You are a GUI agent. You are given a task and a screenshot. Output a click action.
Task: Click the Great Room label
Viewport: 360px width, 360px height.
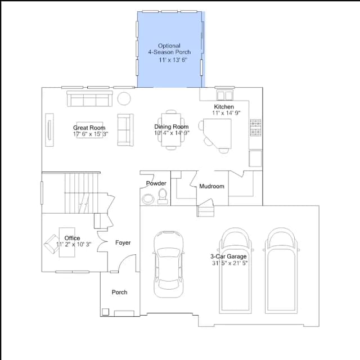pos(89,128)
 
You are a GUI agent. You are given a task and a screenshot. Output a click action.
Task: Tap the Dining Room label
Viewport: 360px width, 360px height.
pos(171,127)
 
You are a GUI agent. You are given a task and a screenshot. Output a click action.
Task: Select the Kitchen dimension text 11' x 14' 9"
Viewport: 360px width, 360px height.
pos(226,113)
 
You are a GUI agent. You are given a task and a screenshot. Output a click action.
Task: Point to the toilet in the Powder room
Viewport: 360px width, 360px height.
pos(163,196)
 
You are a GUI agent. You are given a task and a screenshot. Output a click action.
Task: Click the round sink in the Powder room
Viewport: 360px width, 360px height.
pos(148,199)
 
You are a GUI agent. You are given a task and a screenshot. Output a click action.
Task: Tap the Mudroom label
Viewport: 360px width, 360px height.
pos(211,186)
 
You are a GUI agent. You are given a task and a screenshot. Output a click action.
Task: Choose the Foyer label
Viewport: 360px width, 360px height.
pos(123,242)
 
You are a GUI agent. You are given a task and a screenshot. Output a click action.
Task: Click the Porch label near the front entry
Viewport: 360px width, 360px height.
pos(119,292)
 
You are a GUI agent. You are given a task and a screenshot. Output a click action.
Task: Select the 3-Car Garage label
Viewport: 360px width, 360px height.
pos(228,256)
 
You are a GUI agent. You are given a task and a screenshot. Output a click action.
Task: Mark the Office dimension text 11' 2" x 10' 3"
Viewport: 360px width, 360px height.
pos(74,244)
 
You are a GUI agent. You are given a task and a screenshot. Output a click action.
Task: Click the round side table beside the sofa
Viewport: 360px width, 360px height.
pos(124,98)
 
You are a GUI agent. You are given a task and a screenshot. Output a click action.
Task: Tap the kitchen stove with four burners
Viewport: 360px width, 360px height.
pos(255,128)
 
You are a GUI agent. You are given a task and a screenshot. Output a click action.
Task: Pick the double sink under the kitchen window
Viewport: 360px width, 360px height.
pos(225,95)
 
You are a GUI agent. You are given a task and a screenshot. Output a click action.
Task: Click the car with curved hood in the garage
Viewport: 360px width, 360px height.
pos(169,264)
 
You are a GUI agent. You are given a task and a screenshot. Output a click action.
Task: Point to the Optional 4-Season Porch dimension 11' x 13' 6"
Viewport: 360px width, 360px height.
pos(173,60)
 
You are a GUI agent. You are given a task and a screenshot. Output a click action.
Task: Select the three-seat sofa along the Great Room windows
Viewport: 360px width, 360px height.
pos(89,99)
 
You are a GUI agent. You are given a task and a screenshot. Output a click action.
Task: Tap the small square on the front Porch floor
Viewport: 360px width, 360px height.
pos(105,312)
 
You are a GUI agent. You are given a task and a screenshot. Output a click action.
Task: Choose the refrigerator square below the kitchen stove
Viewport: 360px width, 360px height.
pos(255,159)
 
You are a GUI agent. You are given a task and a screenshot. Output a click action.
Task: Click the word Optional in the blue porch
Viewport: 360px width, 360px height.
pos(169,46)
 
